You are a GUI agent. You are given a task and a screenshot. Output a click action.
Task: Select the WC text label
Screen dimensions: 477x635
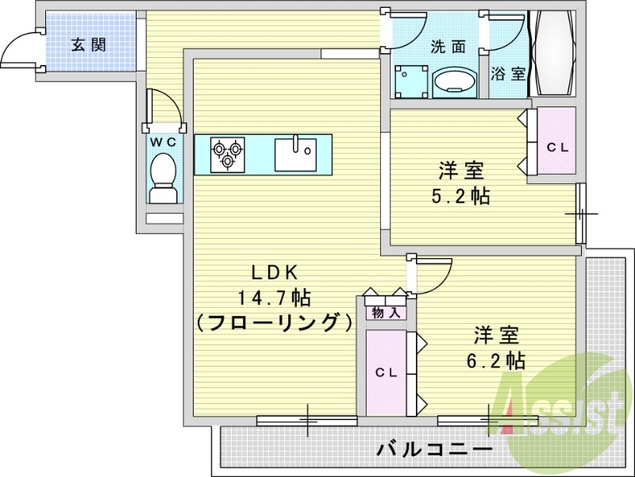click(x=163, y=141)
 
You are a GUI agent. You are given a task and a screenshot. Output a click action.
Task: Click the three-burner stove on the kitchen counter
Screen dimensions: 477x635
click(x=228, y=154)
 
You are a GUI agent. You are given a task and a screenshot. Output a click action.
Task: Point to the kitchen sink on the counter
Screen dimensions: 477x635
click(x=295, y=154)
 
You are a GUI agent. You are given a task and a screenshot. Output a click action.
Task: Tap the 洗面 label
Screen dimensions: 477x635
click(x=448, y=46)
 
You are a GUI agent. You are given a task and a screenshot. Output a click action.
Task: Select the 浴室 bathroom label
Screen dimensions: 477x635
click(x=509, y=74)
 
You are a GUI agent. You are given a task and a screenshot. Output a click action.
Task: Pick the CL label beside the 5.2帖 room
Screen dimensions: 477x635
click(x=557, y=148)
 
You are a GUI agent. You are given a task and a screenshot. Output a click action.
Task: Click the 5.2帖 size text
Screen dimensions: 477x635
click(x=461, y=196)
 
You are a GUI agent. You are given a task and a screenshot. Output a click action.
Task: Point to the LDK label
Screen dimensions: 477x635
click(x=274, y=272)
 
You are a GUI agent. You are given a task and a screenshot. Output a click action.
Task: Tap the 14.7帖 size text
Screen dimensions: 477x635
click(x=274, y=298)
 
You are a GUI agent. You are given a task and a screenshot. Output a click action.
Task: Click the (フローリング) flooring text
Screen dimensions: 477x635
click(x=274, y=323)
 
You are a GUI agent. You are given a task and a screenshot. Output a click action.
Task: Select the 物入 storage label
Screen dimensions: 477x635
click(x=386, y=312)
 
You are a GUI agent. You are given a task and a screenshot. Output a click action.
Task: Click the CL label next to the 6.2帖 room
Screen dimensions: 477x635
click(x=386, y=372)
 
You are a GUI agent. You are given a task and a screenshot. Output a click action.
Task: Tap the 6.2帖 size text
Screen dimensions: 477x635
click(x=496, y=360)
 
